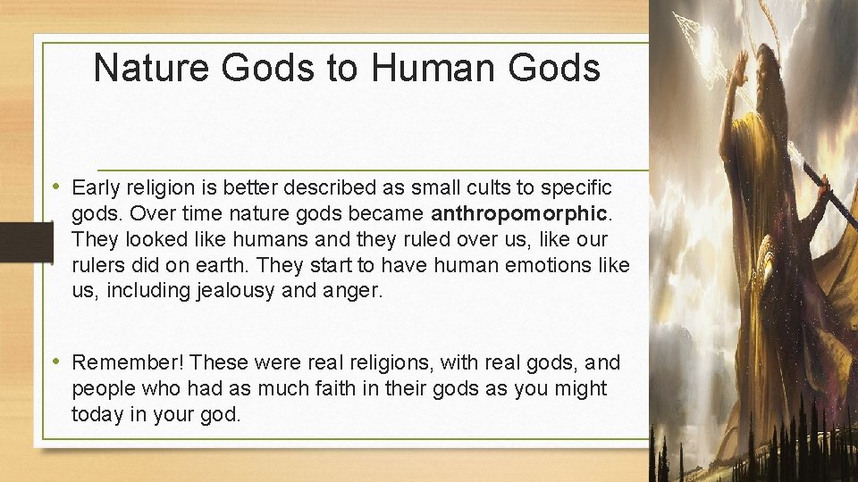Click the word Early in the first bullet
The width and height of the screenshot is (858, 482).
click(x=96, y=188)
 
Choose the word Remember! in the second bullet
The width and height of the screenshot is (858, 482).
click(x=128, y=362)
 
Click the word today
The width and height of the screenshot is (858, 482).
click(x=97, y=414)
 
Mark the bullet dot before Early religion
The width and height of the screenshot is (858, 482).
click(x=57, y=187)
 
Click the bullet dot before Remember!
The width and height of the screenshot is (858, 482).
click(x=57, y=361)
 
